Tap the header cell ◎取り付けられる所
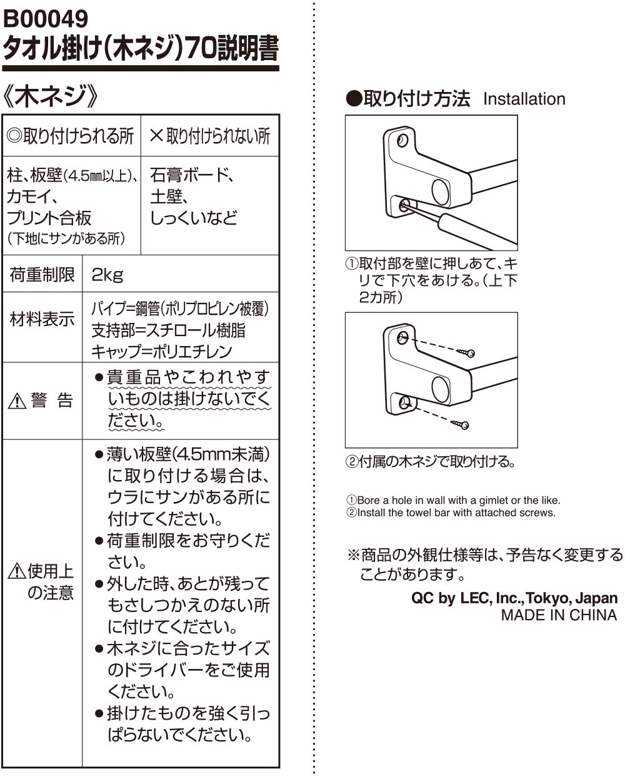[x=70, y=136]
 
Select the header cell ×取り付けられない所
[x=210, y=136]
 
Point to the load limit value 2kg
[x=107, y=274]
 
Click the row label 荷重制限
[x=42, y=274]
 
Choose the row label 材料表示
[x=42, y=320]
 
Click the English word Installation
[x=524, y=99]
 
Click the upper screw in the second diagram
[x=466, y=351]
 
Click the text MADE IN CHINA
[x=558, y=615]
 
